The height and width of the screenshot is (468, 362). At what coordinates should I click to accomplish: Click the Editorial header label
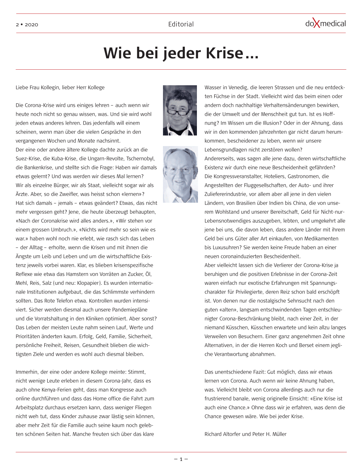181,24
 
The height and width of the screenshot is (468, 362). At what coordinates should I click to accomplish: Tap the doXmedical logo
325,24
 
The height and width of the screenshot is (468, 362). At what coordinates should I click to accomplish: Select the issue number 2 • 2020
27,24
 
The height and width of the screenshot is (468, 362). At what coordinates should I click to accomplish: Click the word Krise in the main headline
224,53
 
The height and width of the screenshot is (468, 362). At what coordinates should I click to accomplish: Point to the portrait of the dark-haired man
180,110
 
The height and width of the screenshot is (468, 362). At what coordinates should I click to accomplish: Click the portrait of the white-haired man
180,174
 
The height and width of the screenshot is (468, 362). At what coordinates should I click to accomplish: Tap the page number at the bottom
181,459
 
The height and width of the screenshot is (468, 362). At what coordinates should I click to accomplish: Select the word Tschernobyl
140,158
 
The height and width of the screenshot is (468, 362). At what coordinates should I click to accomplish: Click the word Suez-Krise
28,158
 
